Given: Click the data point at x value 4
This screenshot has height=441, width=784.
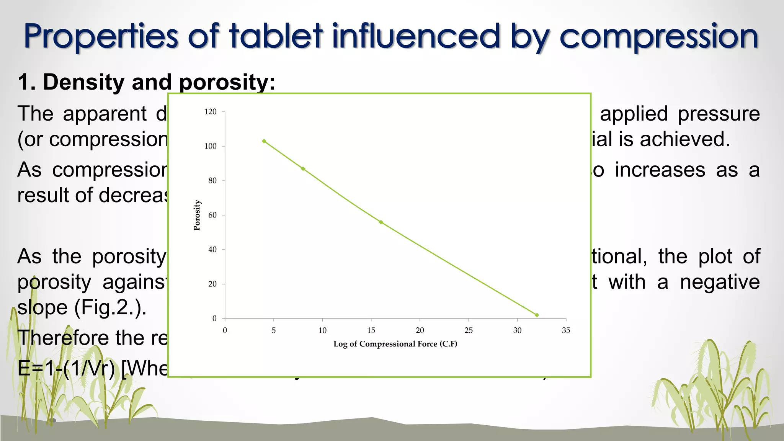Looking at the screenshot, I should [x=264, y=141].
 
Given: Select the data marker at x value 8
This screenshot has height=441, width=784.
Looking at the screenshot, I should [x=303, y=169].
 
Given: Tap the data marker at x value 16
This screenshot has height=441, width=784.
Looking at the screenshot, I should [x=381, y=222].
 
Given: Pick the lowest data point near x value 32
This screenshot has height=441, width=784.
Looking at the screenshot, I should [x=537, y=315].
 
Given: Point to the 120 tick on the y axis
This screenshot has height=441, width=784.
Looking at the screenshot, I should [x=211, y=112].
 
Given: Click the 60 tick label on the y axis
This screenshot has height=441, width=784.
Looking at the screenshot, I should [x=212, y=215].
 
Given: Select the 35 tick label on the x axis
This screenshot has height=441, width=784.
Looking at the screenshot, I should [x=566, y=330].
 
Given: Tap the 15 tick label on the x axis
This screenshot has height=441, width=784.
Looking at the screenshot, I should [x=371, y=330].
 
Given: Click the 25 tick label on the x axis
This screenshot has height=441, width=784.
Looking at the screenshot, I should [x=469, y=330].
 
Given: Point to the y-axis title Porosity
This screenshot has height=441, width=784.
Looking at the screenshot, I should [x=197, y=215].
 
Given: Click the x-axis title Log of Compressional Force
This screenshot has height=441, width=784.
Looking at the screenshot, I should [x=395, y=344].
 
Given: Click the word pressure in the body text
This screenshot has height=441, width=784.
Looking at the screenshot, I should [x=719, y=114].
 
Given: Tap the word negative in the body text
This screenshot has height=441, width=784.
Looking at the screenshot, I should [x=720, y=282].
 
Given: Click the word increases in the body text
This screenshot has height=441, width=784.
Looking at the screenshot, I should [x=660, y=170].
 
